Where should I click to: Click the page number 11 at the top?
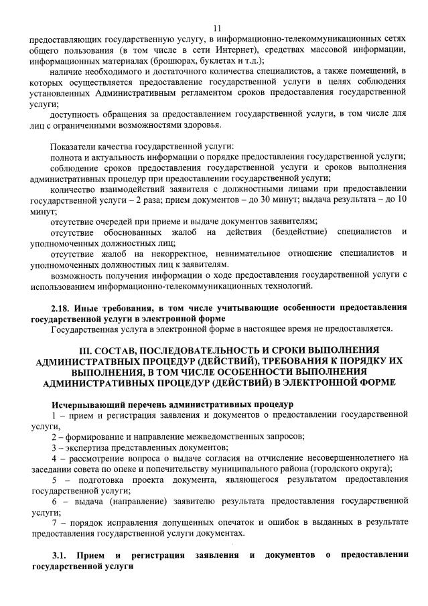[x=216, y=27]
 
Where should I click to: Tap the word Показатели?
[x=72, y=146]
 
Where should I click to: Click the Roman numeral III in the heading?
[x=86, y=350]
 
